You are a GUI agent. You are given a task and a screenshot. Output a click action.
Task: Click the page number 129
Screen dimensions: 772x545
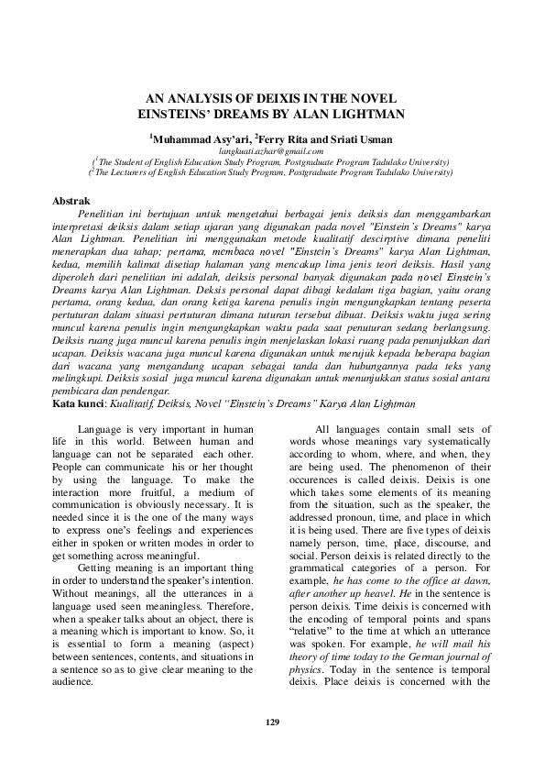pos(272,722)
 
